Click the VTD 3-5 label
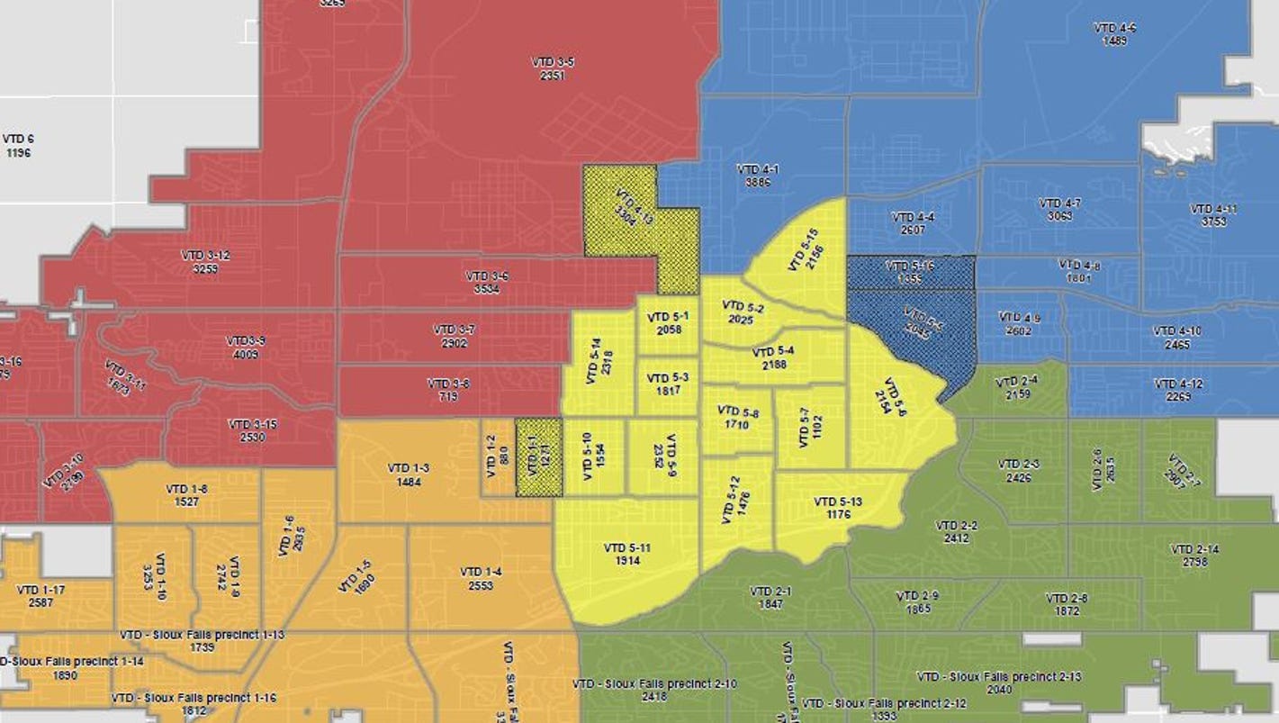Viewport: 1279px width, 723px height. coord(553,61)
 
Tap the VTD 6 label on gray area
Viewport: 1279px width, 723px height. coord(18,139)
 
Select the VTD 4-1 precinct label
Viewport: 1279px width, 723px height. coord(757,168)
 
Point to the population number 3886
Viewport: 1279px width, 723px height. coord(757,182)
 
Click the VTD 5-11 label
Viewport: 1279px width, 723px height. coord(626,547)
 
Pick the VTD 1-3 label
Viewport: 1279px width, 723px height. coord(408,467)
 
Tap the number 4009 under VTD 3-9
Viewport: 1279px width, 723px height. coord(245,354)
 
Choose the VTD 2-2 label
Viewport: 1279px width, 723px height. coord(956,525)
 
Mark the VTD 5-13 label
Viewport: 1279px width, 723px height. coord(837,502)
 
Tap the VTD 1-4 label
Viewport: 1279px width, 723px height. coord(481,572)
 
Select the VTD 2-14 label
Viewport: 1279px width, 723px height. coord(1196,549)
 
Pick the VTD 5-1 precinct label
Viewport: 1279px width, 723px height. coord(669,317)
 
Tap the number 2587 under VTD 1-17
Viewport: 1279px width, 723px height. coord(41,603)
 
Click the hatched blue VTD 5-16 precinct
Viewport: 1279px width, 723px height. coord(910,272)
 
